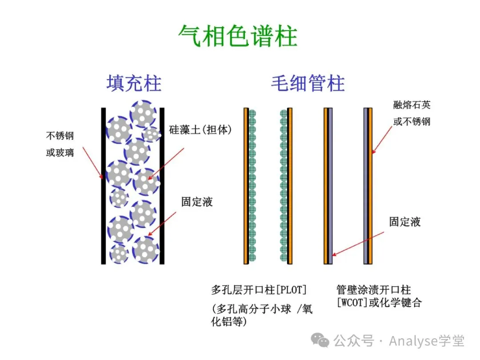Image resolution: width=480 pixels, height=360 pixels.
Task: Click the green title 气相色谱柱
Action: click(238, 36)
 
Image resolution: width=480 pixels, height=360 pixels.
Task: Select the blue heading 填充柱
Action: click(134, 83)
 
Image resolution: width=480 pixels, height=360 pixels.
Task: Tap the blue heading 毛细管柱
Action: click(308, 83)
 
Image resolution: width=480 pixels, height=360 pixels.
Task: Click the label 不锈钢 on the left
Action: click(60, 135)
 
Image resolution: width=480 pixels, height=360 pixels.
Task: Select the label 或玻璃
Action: click(60, 152)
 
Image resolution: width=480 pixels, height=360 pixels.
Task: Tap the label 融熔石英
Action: click(412, 105)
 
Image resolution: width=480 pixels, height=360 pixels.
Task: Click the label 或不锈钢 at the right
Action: click(412, 121)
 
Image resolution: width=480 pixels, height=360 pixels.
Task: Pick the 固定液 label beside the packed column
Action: click(197, 202)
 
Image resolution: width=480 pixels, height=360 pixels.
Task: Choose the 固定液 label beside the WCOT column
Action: click(404, 222)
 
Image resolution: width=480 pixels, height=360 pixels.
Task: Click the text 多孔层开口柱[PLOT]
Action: click(259, 290)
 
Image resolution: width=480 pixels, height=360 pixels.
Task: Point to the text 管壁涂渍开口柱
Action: click(374, 290)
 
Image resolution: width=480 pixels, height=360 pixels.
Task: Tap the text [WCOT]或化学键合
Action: click(379, 303)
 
